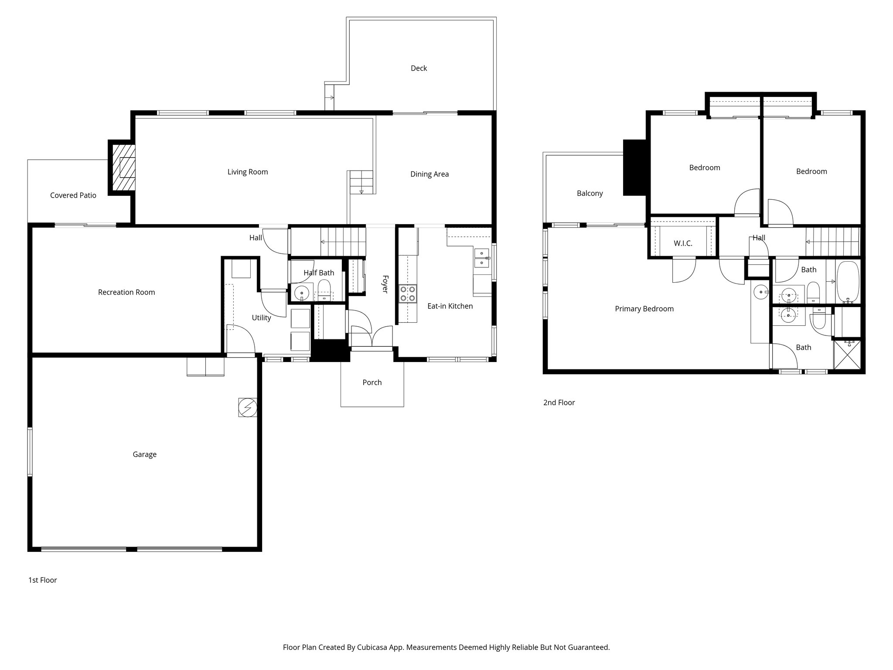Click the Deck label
pyautogui.click(x=419, y=68)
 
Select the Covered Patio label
pyautogui.click(x=73, y=195)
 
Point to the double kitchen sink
pyautogui.click(x=481, y=258)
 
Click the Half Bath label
pyautogui.click(x=319, y=273)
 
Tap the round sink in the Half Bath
pyautogui.click(x=301, y=291)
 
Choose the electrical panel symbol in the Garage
pyautogui.click(x=247, y=408)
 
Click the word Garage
pyautogui.click(x=144, y=455)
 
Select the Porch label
pyautogui.click(x=372, y=383)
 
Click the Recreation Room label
pyautogui.click(x=126, y=292)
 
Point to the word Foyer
pyautogui.click(x=385, y=284)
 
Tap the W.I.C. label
pyautogui.click(x=683, y=243)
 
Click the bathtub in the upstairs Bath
pyautogui.click(x=848, y=282)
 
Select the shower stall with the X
pyautogui.click(x=847, y=356)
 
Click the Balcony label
pyautogui.click(x=590, y=193)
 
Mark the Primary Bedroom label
pyautogui.click(x=644, y=309)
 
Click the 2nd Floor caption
pyautogui.click(x=559, y=403)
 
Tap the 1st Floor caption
pyautogui.click(x=42, y=580)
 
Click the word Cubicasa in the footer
pyautogui.click(x=373, y=647)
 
